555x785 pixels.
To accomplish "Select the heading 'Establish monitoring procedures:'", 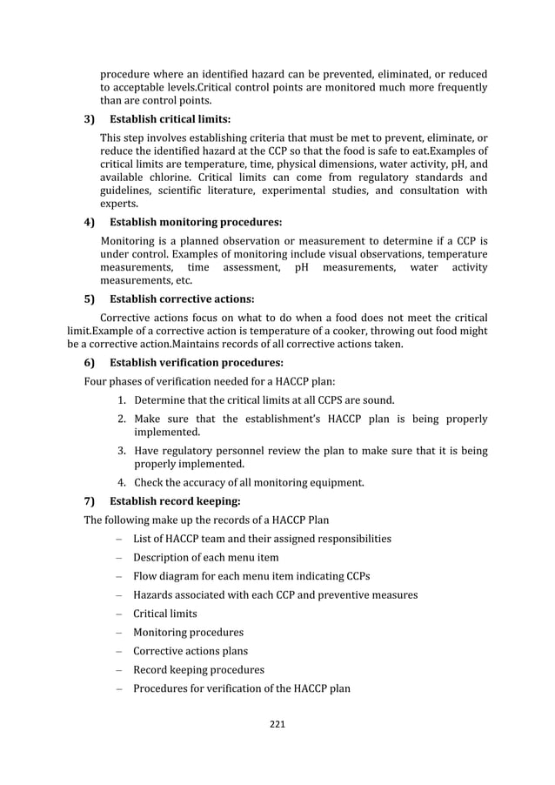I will (x=195, y=222).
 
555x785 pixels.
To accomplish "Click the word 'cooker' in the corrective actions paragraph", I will (x=334, y=330).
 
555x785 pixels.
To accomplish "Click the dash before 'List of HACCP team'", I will (x=117, y=539).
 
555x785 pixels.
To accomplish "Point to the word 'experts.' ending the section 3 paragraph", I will (x=119, y=204).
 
